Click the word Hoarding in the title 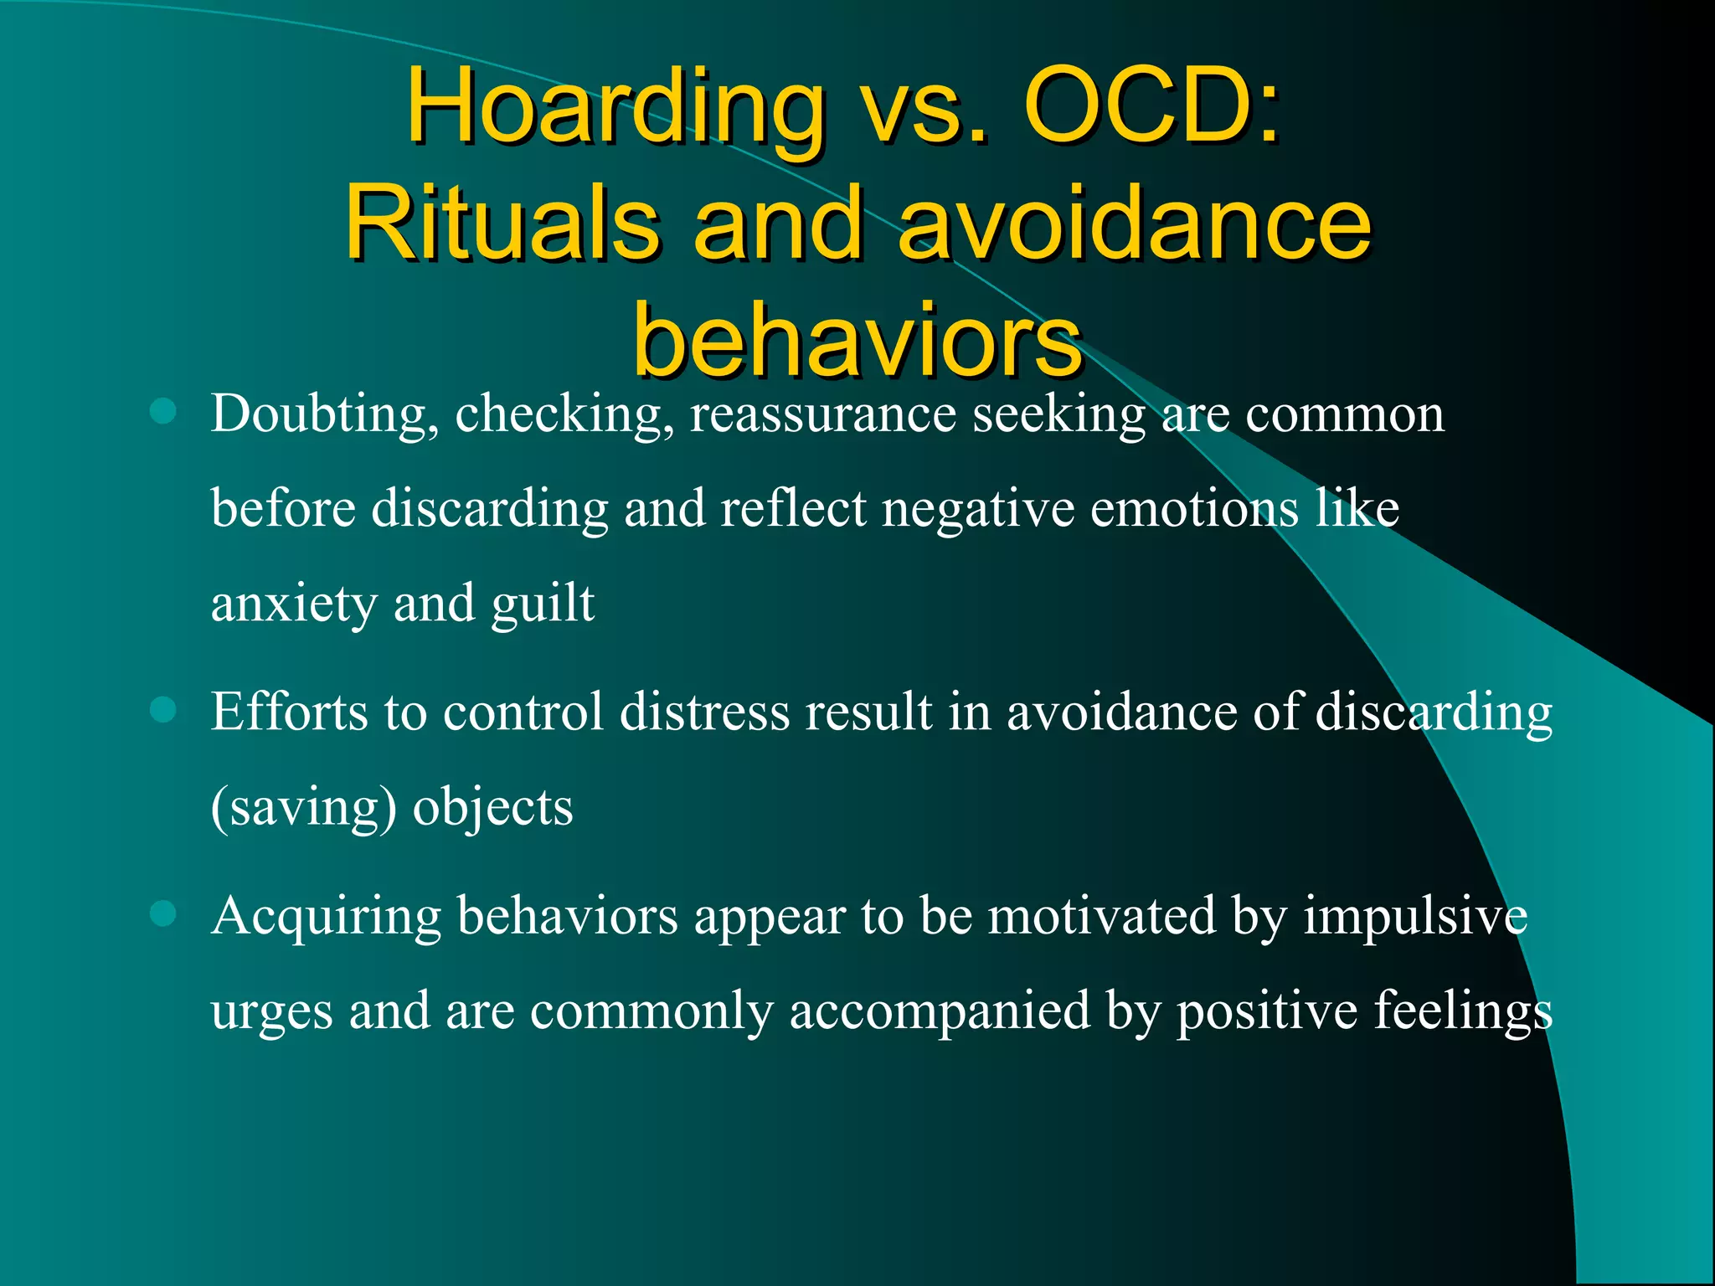[x=615, y=109]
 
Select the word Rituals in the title [x=502, y=224]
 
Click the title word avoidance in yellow [x=1135, y=224]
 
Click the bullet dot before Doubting [x=162, y=411]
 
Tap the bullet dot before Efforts [x=162, y=710]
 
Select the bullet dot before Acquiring [x=162, y=913]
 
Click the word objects [x=492, y=808]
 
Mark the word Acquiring [x=327, y=918]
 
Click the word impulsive [x=1415, y=916]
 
